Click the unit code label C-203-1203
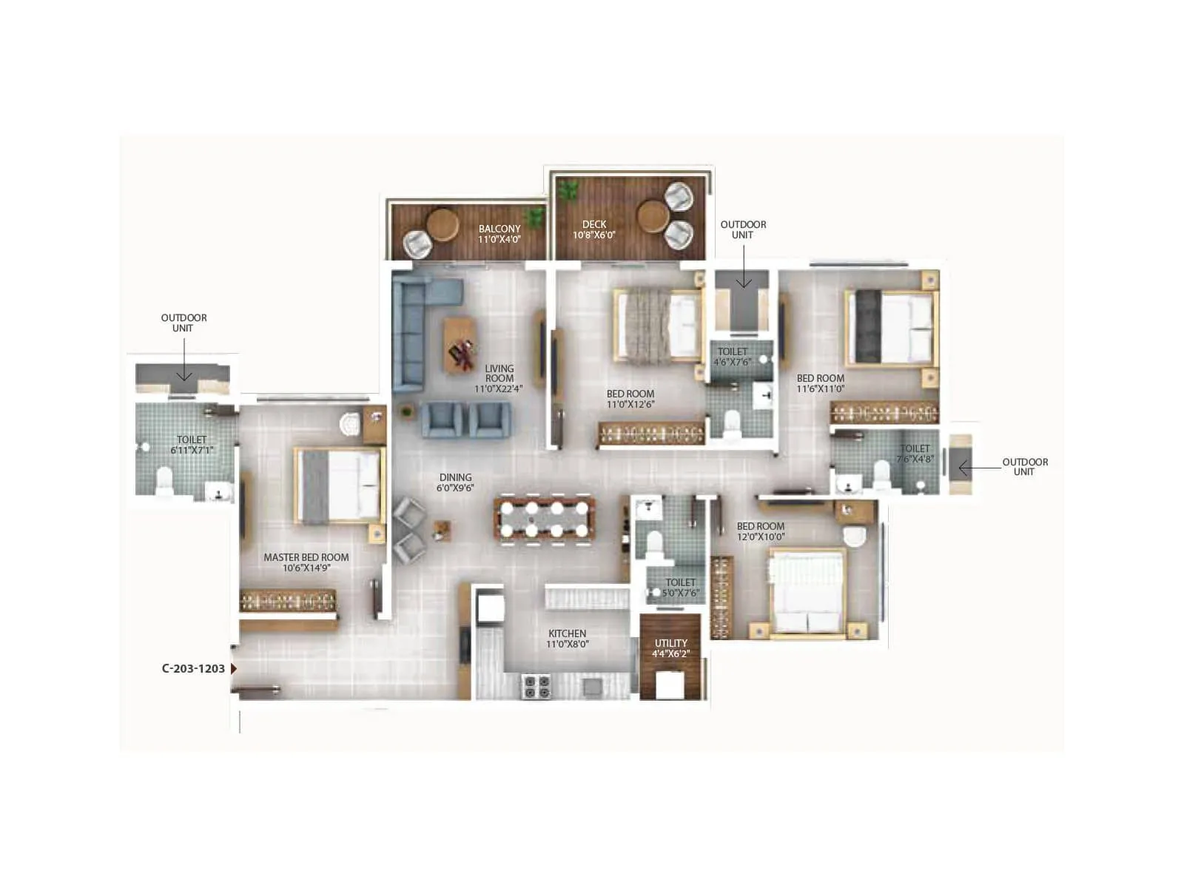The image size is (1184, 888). (x=193, y=668)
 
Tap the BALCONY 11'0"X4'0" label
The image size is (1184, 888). (x=499, y=234)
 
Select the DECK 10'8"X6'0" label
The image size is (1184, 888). (x=593, y=229)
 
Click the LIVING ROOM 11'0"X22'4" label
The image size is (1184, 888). (x=499, y=378)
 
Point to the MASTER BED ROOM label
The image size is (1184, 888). (x=306, y=562)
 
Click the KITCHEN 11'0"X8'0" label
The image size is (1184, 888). (x=568, y=639)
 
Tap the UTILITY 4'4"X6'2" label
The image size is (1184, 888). (x=670, y=648)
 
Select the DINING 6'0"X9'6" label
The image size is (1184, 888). (x=455, y=482)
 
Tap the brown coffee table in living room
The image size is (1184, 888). (x=460, y=345)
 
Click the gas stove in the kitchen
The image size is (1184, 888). (x=536, y=687)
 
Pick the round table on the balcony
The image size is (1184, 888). (x=443, y=224)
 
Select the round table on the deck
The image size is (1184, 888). (x=653, y=215)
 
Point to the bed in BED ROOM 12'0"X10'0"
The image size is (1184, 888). (x=807, y=592)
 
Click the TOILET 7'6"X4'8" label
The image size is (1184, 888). (x=915, y=454)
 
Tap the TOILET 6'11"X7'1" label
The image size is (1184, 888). (x=192, y=445)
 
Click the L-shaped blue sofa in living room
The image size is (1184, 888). (x=414, y=326)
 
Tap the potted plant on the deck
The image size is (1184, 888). (x=568, y=190)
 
